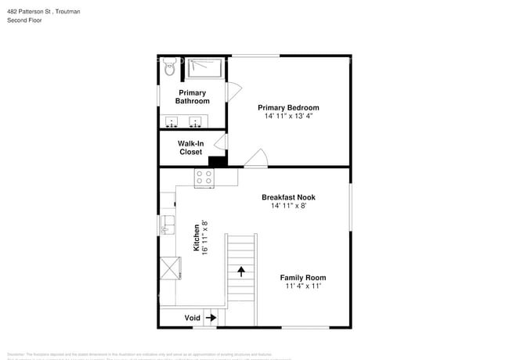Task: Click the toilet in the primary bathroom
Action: tap(169, 69)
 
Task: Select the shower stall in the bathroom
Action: tap(205, 69)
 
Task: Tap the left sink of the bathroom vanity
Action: tap(173, 122)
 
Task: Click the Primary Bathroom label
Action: tap(192, 97)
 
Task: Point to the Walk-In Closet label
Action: tap(191, 148)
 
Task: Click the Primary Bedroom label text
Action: tap(288, 108)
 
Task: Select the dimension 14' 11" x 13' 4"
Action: tap(288, 116)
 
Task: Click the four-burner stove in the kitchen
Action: tap(204, 178)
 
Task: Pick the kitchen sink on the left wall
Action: tap(166, 227)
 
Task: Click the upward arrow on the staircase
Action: tap(241, 272)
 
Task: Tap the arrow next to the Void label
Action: tap(210, 319)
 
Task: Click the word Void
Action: tap(192, 319)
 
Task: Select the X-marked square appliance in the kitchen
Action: tap(168, 268)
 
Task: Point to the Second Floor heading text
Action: tap(24, 20)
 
